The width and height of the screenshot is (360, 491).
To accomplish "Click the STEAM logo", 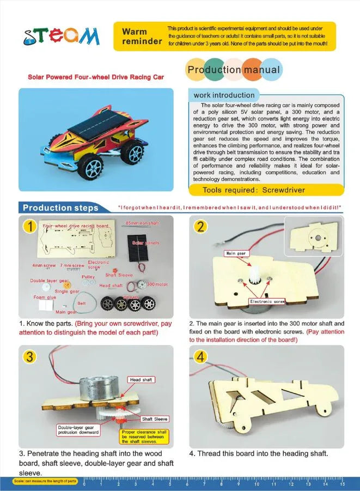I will coord(62,36).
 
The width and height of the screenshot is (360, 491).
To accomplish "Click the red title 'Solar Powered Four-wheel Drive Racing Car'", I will coord(96,77).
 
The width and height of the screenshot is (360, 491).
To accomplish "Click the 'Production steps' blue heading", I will coord(60,208).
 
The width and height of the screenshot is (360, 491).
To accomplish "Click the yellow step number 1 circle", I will coord(31,227).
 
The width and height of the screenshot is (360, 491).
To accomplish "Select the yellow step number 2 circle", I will coord(201,227).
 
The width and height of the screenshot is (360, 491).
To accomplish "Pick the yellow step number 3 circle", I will coord(31,357).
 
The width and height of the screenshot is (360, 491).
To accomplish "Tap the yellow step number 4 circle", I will coord(201,357).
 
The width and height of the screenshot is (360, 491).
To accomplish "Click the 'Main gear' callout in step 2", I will coord(237,253).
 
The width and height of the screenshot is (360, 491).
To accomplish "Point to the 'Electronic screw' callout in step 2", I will coord(267,301).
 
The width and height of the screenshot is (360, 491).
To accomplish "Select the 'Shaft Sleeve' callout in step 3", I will coord(155,419).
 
